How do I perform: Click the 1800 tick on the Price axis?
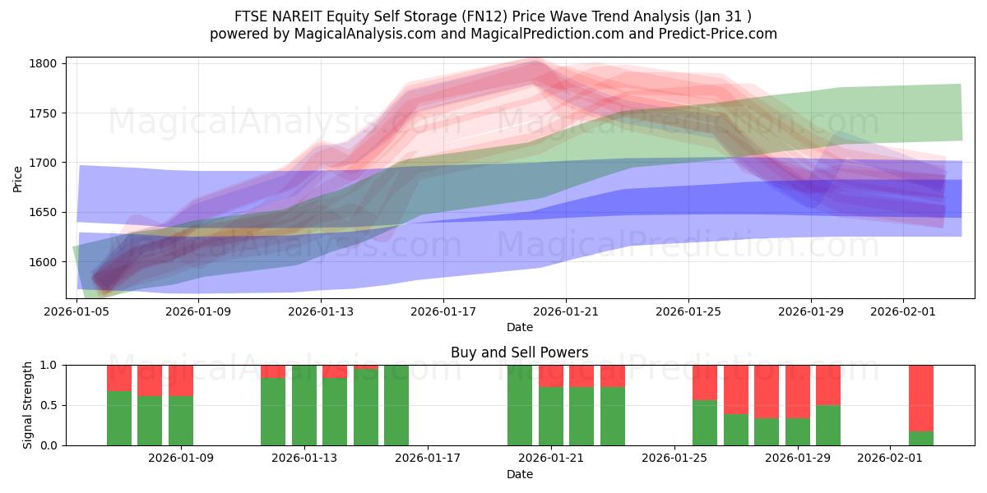[43, 63]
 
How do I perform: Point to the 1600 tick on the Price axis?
[43, 262]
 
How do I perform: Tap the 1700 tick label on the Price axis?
[43, 163]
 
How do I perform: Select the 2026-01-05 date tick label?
[76, 311]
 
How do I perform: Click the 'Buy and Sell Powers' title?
[519, 352]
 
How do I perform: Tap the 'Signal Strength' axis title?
[28, 405]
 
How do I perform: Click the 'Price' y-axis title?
[18, 178]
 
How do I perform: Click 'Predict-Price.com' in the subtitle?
[721, 34]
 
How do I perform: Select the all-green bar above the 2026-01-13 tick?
[304, 405]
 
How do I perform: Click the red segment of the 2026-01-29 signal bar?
[798, 391]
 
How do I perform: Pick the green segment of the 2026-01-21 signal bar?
[551, 417]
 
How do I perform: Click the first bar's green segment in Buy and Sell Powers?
[119, 418]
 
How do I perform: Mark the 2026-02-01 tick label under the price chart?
[903, 311]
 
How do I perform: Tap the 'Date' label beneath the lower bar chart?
[519, 474]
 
